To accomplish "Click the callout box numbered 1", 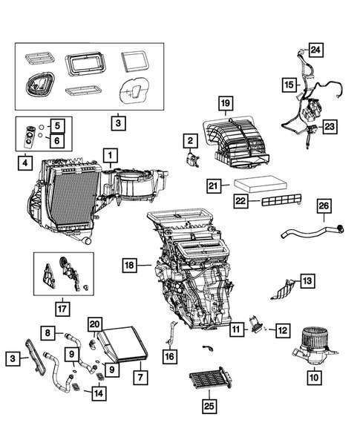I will pyautogui.click(x=109, y=155).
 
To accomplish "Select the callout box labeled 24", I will pyautogui.click(x=315, y=50).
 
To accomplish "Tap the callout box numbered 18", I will pyautogui.click(x=130, y=264).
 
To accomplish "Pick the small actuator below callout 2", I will pyautogui.click(x=195, y=158).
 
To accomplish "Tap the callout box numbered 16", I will pyautogui.click(x=170, y=357).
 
